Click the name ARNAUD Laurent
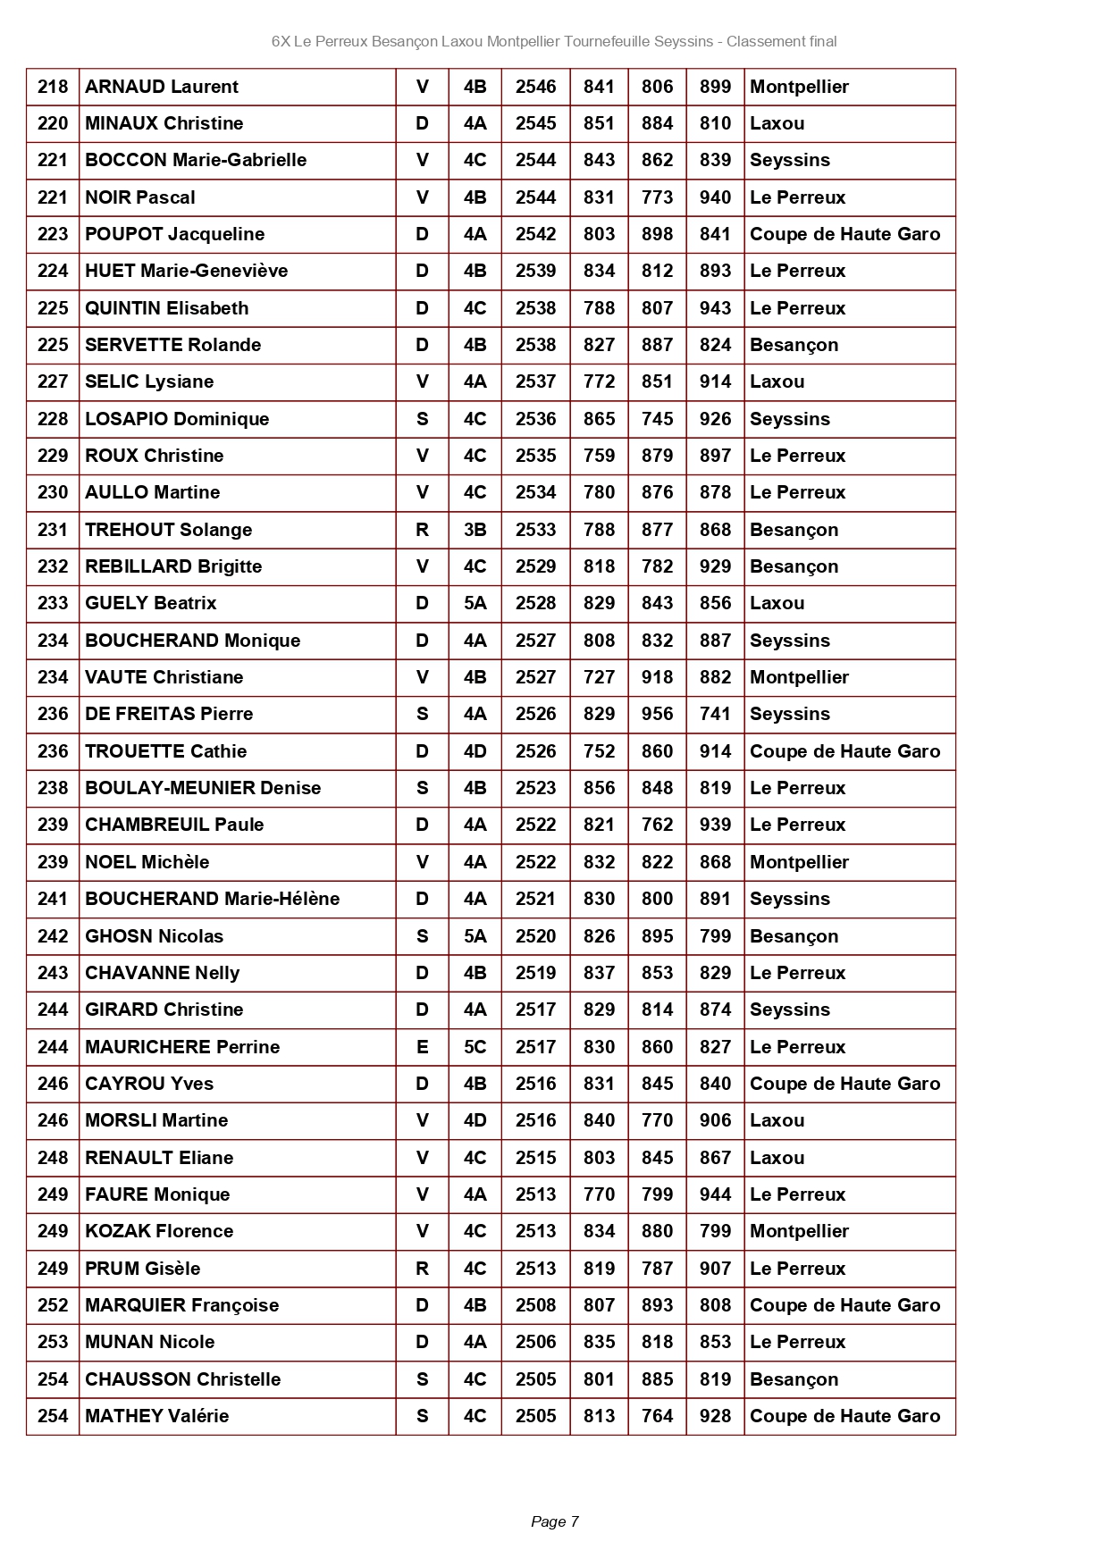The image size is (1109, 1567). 162,87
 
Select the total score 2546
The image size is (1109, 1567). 535,87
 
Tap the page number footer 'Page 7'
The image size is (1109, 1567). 554,1521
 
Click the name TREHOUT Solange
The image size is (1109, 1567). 168,530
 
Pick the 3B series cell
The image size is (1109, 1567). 475,530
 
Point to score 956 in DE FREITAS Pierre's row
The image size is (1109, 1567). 657,714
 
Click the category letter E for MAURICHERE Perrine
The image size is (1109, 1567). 422,1047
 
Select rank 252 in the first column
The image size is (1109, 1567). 53,1305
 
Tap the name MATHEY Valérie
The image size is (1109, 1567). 156,1416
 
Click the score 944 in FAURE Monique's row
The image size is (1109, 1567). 715,1194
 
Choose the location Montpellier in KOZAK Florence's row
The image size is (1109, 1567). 799,1231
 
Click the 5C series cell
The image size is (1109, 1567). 475,1047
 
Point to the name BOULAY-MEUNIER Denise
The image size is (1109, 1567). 203,788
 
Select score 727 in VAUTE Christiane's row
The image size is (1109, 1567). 599,677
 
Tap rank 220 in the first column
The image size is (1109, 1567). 53,123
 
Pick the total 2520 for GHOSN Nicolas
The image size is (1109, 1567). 535,936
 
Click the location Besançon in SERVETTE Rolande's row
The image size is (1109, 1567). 794,345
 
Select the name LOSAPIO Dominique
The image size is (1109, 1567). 177,419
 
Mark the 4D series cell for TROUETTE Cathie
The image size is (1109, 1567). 475,751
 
